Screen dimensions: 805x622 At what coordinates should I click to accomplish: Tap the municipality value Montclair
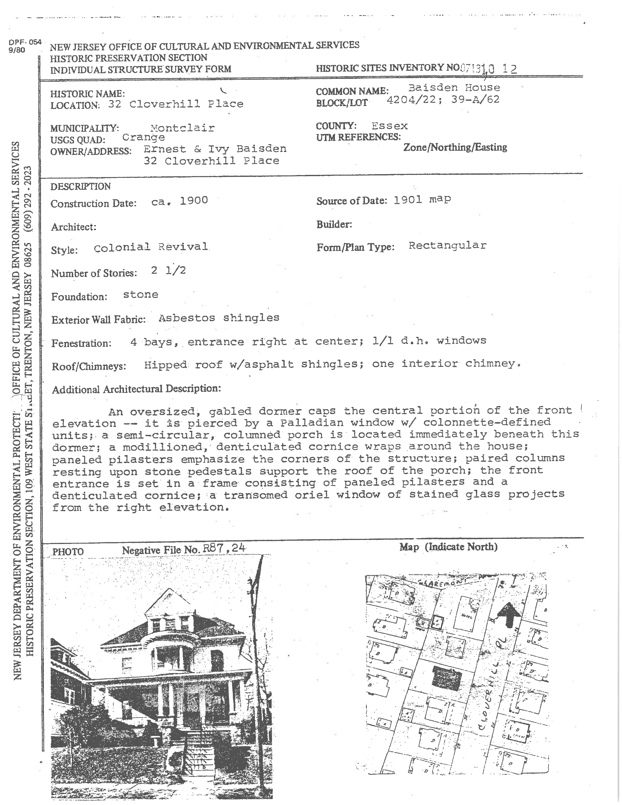pos(182,128)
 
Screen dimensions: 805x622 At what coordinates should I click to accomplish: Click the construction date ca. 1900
pos(180,201)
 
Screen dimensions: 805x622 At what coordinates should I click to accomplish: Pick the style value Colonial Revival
pos(151,247)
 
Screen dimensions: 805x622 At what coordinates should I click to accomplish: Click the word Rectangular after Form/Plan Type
pos(447,245)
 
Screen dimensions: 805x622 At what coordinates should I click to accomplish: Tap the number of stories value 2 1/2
pos(168,271)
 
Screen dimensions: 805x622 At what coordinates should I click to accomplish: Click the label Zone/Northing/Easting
pos(455,147)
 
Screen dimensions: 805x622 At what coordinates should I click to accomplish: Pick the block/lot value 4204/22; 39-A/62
pos(443,100)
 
